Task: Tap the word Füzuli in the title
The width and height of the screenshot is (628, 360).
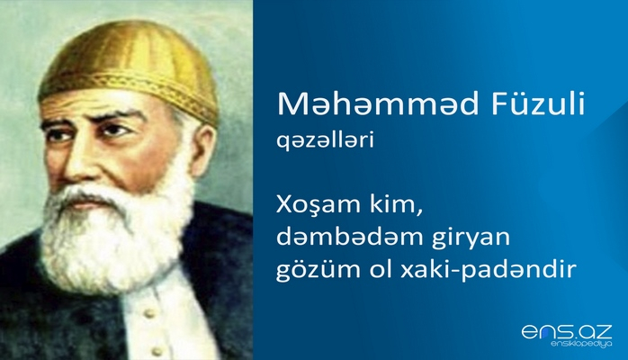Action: pyautogui.click(x=535, y=107)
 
